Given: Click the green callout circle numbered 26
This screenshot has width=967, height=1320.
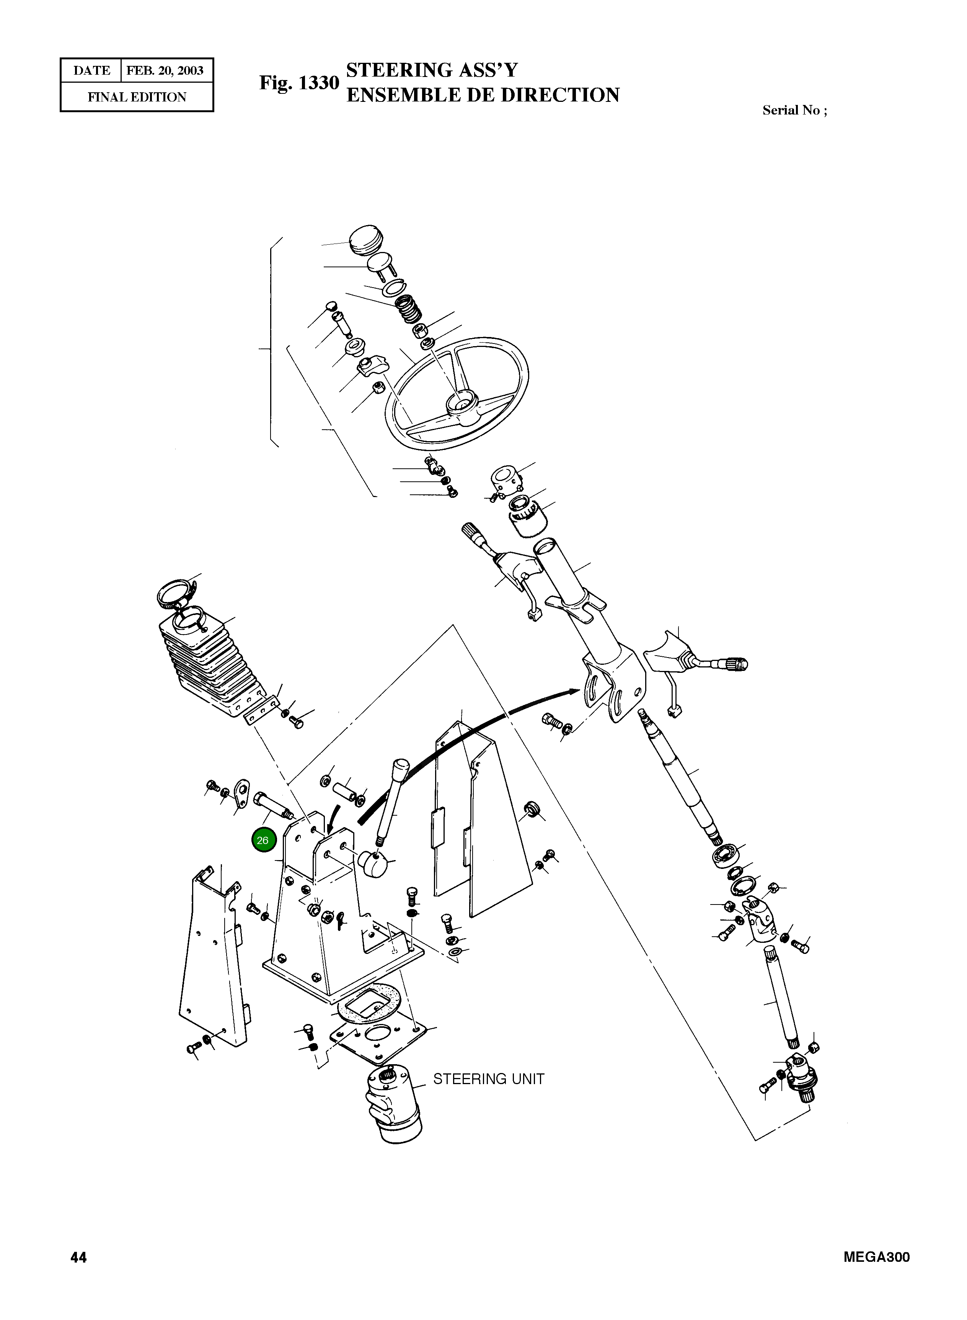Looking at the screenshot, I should point(263,841).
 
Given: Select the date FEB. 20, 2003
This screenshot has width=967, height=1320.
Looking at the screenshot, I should point(165,71).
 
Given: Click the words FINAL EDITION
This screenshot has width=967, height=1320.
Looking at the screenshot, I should point(137,97).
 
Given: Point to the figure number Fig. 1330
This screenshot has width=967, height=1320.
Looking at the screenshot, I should point(299,83).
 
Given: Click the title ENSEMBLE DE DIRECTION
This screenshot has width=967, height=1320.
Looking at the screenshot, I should point(482,95).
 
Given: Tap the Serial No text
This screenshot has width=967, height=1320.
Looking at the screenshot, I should point(794,110).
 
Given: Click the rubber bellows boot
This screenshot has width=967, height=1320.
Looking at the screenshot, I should point(208,662).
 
